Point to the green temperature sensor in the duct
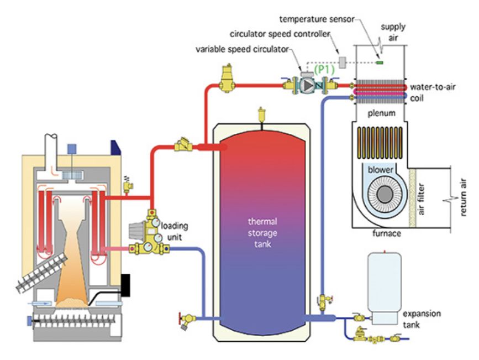(380, 62)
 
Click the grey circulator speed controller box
(343, 61)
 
